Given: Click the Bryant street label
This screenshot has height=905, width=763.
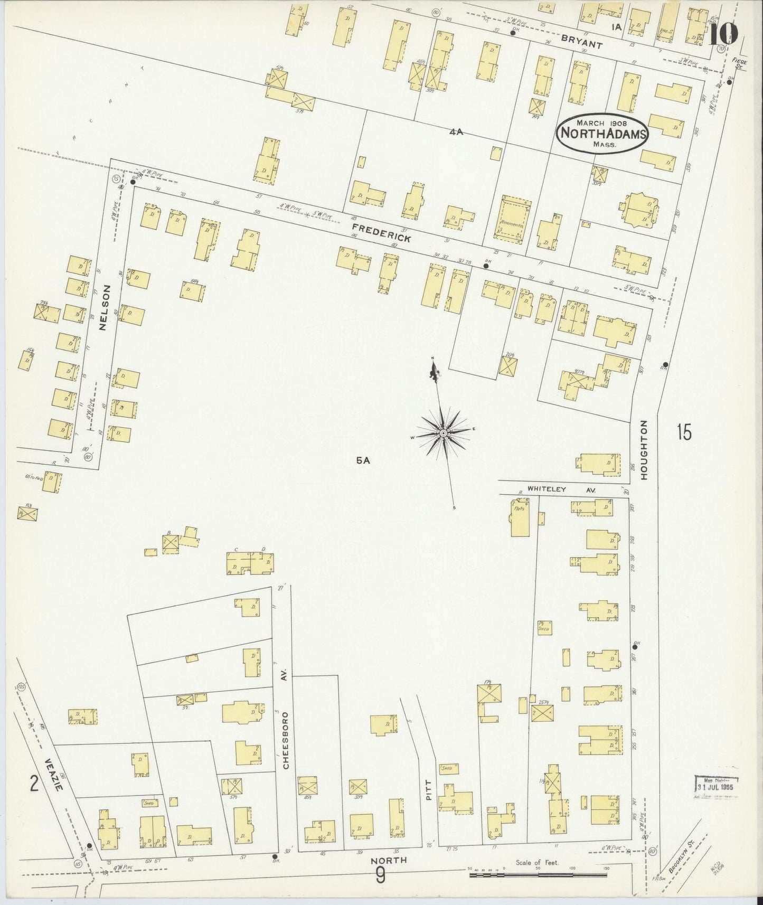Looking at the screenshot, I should click(582, 42).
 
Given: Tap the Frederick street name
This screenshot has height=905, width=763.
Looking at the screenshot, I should click(381, 233).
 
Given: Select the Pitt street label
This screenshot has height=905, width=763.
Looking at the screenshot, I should click(428, 789).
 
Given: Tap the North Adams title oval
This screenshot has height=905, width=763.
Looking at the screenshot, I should click(602, 133).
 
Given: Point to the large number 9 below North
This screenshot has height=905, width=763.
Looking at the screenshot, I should click(381, 877).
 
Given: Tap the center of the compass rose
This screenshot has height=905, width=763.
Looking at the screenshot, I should click(444, 433).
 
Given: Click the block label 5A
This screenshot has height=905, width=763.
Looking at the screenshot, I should click(363, 460).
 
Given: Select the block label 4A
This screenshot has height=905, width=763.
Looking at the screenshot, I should click(456, 131).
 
